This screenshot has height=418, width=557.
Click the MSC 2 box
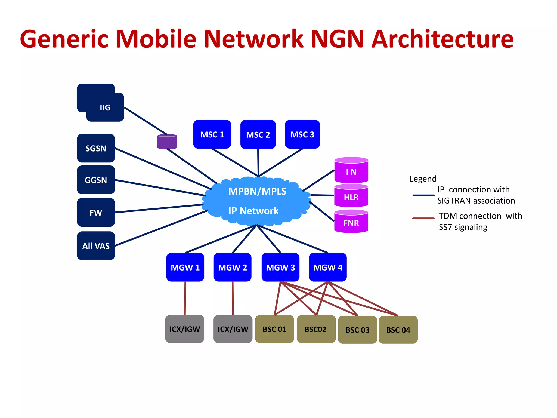258,134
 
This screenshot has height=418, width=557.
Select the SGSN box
96,148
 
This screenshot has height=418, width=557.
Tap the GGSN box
96,180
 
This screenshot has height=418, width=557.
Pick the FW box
96,212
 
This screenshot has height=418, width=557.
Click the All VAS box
96,246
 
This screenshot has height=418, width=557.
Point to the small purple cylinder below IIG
167,142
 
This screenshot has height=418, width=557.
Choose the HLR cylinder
351,196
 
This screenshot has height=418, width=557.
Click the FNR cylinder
351,222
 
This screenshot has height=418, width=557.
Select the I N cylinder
351,171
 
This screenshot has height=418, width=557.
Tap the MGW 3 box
280,267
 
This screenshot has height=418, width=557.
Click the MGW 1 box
185,267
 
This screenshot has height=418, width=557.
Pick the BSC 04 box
398,330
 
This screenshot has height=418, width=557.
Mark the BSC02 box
316,329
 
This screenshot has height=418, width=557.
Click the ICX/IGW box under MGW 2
233,329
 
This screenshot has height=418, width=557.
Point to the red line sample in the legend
423,218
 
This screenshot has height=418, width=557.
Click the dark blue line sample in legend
423,195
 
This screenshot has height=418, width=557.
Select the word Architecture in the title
442,39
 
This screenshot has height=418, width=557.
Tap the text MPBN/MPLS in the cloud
257,192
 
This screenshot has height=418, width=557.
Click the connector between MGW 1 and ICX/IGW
185,298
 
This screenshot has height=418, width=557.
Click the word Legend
423,179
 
